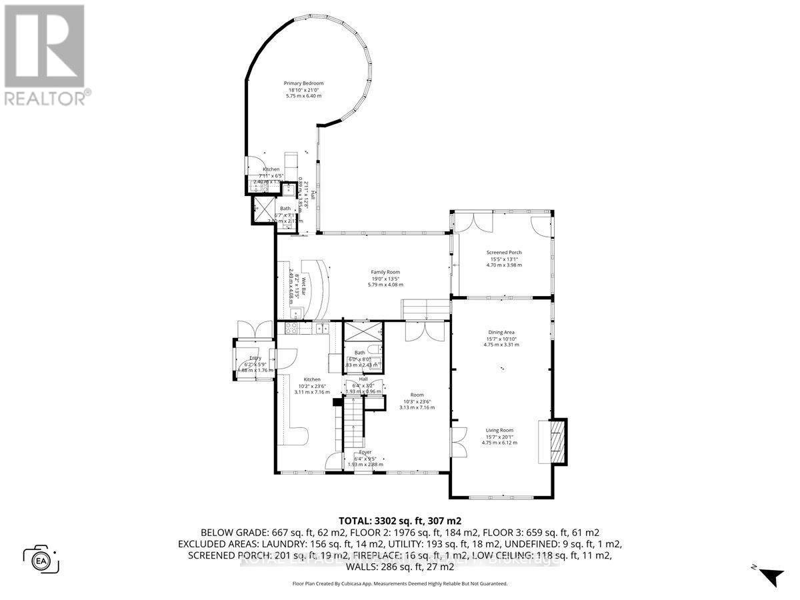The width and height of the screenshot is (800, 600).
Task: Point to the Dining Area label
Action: pyautogui.click(x=501, y=332)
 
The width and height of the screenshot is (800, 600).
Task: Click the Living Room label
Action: pyautogui.click(x=499, y=431)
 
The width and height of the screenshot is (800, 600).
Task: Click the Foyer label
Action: pyautogui.click(x=365, y=452)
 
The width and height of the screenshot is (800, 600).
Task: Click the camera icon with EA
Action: pyautogui.click(x=41, y=559)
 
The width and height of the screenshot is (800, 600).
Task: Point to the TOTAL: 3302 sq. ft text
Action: pyautogui.click(x=399, y=521)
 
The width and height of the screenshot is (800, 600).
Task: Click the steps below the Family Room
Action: pyautogui.click(x=425, y=309)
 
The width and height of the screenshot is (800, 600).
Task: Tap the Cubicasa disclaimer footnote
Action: pyautogui.click(x=399, y=583)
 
